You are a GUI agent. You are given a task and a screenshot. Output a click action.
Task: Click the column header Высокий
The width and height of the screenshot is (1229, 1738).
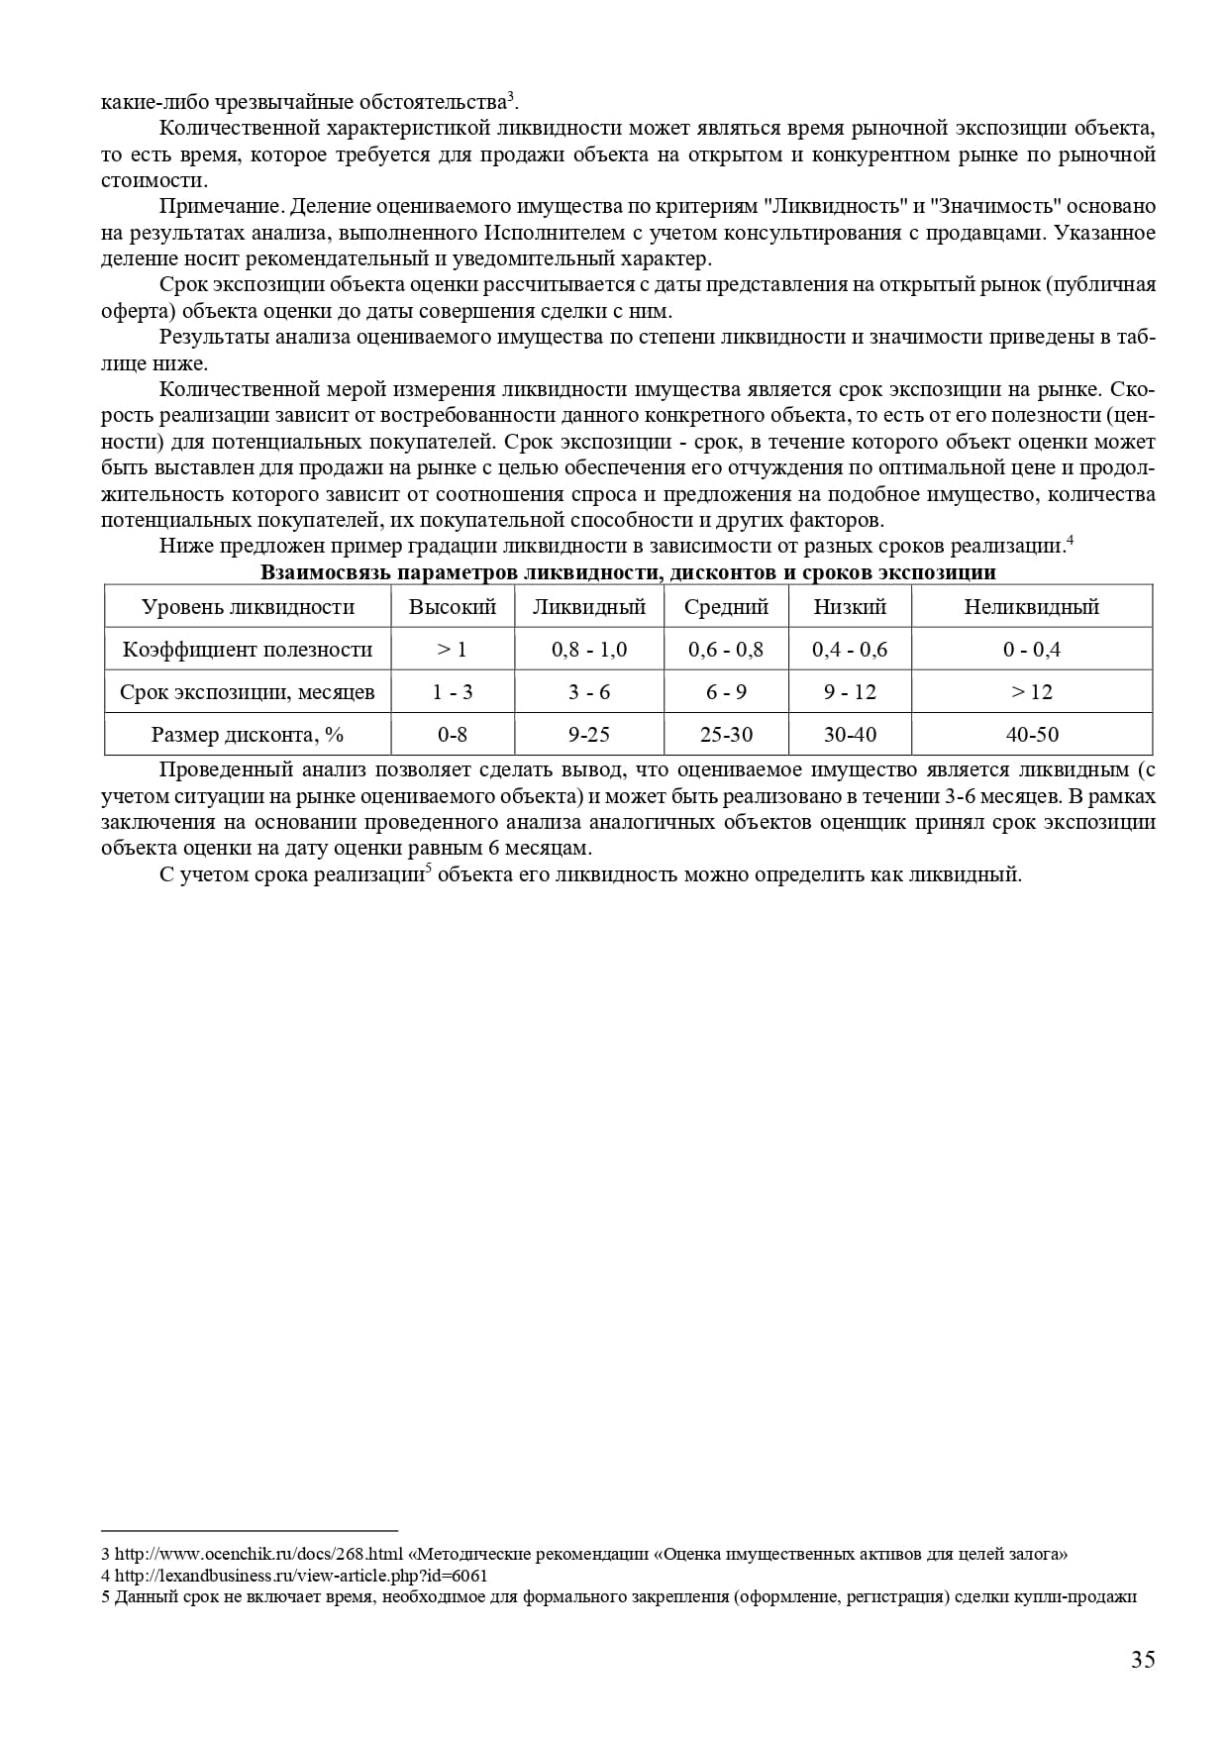(453, 607)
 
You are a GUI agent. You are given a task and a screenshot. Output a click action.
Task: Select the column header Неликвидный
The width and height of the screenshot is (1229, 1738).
(1031, 607)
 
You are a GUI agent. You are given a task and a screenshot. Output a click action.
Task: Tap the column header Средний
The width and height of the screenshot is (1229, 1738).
(726, 607)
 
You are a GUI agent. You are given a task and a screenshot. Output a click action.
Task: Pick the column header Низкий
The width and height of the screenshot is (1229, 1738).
(850, 607)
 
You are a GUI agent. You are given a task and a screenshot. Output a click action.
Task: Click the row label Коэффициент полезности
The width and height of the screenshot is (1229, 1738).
(248, 650)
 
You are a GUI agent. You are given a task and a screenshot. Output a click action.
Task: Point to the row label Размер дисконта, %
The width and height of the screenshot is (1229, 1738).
(248, 735)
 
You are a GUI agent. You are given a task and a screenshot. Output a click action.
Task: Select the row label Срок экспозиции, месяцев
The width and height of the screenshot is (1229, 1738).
(248, 692)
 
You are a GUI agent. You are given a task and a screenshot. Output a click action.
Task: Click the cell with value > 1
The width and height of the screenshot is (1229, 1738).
(453, 650)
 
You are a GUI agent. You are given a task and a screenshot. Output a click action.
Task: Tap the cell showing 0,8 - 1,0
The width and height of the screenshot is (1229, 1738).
(589, 650)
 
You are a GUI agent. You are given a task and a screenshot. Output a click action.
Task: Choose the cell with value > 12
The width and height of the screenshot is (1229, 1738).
(1031, 692)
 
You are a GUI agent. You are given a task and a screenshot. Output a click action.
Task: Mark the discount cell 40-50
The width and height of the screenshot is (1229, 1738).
(1031, 735)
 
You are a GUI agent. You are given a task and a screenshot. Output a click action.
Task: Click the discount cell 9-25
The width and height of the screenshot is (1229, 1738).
(589, 735)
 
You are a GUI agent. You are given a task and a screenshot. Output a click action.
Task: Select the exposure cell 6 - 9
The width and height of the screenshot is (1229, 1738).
(726, 692)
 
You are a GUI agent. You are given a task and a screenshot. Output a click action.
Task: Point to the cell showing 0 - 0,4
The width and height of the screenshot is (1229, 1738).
(1031, 650)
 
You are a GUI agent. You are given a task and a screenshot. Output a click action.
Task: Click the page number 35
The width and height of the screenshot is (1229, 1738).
(1143, 1660)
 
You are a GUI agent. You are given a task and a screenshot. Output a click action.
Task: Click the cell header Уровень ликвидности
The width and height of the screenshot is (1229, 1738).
(248, 607)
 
